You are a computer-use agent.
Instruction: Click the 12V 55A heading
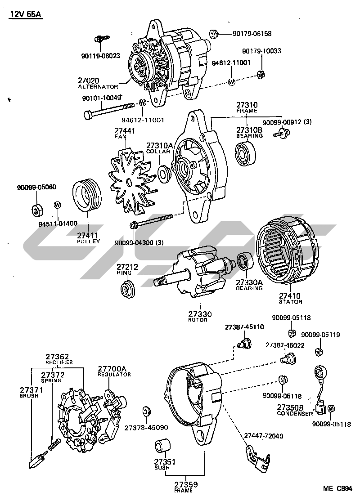pos(26,14)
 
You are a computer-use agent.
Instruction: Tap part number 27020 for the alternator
pos(88,80)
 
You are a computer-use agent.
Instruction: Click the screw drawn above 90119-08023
pos(100,40)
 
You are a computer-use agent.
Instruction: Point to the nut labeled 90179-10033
pos(260,74)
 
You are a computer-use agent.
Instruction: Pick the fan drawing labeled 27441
pos(127,182)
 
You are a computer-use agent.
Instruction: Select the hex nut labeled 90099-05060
pos(36,210)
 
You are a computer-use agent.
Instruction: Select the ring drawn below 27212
pos(127,289)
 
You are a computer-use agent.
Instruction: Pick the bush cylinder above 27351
pos(162,447)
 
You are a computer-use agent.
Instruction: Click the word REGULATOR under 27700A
pos(114,374)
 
